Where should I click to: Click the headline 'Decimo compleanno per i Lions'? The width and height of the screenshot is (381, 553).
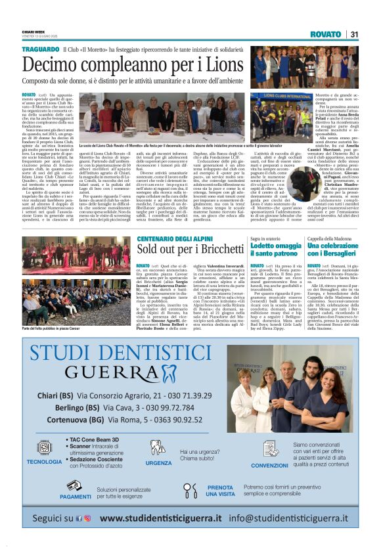pyautogui.click(x=133, y=64)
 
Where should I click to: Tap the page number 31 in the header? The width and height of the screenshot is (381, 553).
pyautogui.click(x=353, y=34)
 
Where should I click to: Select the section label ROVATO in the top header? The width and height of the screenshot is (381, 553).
pyautogui.click(x=325, y=34)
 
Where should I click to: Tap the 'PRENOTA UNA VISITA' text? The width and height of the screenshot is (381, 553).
pyautogui.click(x=220, y=491)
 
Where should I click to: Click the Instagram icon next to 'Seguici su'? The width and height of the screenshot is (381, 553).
pyautogui.click(x=87, y=518)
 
